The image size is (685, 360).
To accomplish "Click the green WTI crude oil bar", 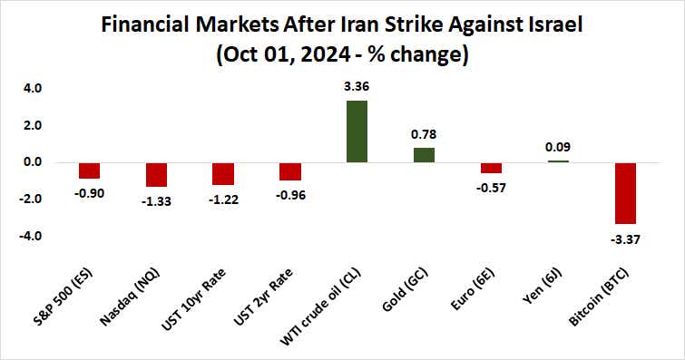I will [x=357, y=131].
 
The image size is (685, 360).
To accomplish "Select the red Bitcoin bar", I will [x=625, y=192].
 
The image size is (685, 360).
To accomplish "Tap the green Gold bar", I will [x=424, y=155].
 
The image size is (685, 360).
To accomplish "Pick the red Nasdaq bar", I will [x=156, y=174].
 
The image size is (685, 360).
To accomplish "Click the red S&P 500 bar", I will [x=89, y=170].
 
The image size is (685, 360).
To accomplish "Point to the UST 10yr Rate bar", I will [x=223, y=173].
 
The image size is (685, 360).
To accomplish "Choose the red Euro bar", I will [x=491, y=168].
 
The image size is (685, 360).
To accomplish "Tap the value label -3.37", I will [x=625, y=238].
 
